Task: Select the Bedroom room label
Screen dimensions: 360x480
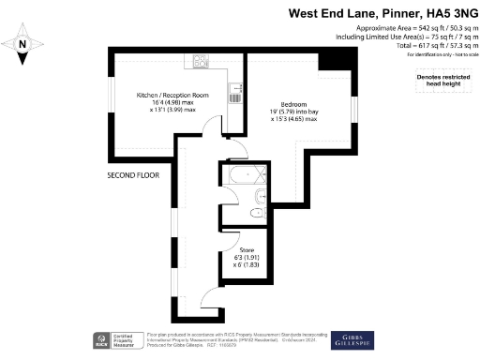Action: point(294,104)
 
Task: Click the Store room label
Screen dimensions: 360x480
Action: point(247,250)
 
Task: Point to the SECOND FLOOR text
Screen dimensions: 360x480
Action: point(133,175)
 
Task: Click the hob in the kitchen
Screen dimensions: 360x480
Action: point(202,61)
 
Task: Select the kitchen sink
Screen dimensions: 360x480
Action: point(237,92)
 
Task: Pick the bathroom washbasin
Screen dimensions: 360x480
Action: point(255,215)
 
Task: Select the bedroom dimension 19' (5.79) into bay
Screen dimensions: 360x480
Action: point(294,112)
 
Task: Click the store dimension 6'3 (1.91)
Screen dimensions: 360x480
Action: point(247,258)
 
